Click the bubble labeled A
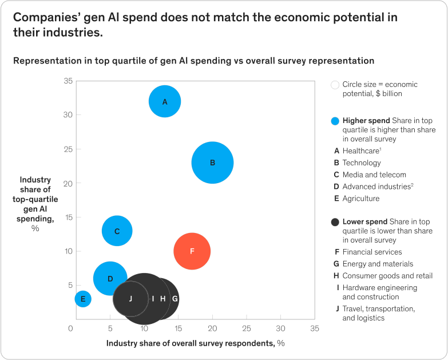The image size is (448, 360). [165, 101]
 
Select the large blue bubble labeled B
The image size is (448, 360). [212, 163]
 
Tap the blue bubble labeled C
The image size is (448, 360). [117, 231]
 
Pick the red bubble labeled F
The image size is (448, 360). [192, 251]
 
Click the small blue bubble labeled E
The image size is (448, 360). [83, 298]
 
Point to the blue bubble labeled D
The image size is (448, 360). [110, 279]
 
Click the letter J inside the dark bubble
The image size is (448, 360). [130, 298]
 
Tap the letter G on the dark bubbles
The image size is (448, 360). [175, 298]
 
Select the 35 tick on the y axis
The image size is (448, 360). [68, 81]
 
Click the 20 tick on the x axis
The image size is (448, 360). [212, 329]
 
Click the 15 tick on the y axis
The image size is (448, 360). [68, 217]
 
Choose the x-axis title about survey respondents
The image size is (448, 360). [195, 343]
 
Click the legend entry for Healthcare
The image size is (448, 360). [362, 151]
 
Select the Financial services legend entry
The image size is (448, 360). [372, 252]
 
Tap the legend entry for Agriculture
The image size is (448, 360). [360, 199]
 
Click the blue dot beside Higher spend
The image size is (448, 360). [336, 121]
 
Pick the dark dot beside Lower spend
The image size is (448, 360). [336, 222]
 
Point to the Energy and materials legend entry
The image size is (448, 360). [377, 264]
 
